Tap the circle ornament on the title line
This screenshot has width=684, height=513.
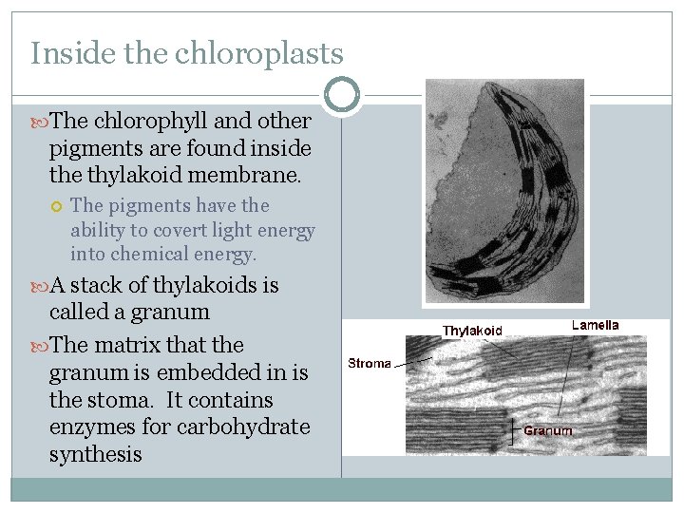[x=342, y=95]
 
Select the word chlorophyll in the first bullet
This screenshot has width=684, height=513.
[x=142, y=122]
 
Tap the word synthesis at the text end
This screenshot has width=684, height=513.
[x=95, y=455]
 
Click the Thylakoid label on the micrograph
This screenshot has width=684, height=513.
[x=472, y=331]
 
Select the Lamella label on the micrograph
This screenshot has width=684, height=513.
[x=595, y=325]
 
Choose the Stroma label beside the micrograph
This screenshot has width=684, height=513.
[x=370, y=364]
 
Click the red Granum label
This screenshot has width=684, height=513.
[x=547, y=430]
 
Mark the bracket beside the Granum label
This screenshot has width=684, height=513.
[x=515, y=430]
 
